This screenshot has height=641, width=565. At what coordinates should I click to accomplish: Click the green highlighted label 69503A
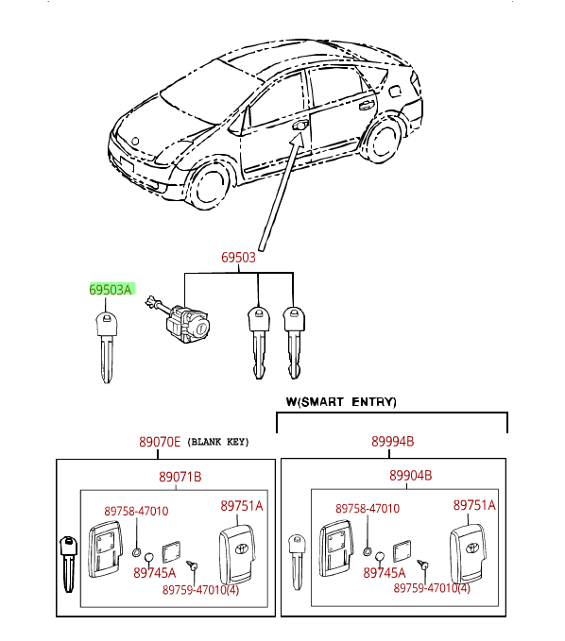[111, 290]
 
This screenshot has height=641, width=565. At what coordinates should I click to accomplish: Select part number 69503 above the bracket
[238, 258]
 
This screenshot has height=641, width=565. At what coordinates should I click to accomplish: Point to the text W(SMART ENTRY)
[341, 402]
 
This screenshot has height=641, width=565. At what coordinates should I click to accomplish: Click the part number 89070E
[159, 442]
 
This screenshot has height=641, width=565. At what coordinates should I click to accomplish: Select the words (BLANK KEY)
[218, 442]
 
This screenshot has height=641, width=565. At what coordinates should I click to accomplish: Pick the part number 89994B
[392, 442]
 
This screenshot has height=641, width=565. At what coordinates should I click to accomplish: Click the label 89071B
[180, 477]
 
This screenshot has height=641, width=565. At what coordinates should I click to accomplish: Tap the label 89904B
[410, 476]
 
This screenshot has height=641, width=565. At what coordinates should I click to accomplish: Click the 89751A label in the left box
[241, 506]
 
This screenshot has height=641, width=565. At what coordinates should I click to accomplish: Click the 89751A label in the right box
[474, 505]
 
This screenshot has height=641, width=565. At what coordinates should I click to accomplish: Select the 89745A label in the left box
[155, 573]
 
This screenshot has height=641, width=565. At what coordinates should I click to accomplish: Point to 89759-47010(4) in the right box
[432, 588]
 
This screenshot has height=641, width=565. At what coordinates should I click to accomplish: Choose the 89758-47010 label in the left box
[136, 511]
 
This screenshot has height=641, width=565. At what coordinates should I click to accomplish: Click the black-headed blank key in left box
[69, 565]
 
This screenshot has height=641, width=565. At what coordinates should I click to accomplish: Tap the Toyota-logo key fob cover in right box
[468, 553]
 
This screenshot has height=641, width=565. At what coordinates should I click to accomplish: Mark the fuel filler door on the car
[394, 91]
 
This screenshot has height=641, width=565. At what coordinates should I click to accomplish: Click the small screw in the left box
[192, 565]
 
